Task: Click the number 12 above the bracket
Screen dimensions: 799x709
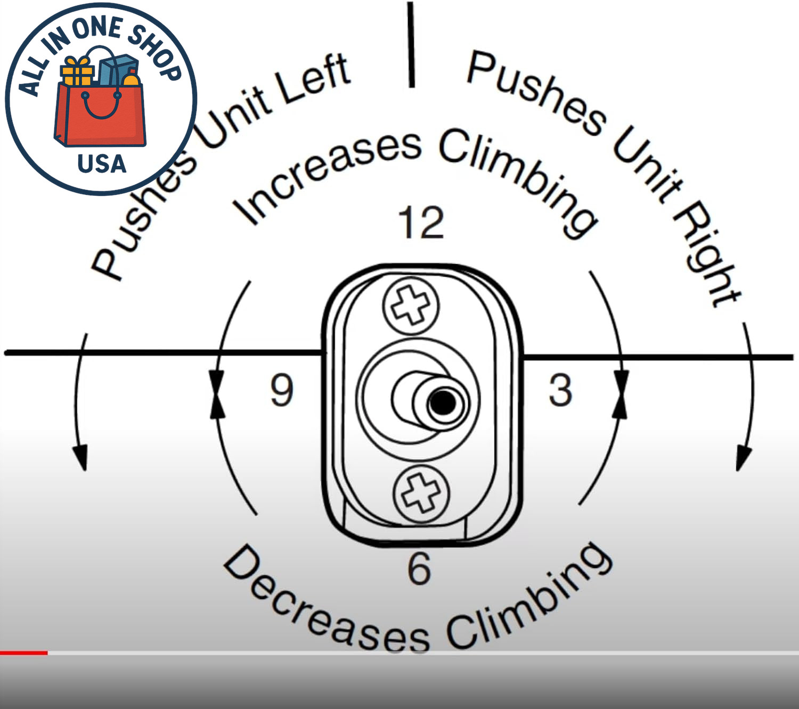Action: click(x=421, y=222)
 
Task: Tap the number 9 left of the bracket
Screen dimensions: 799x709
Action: click(x=282, y=390)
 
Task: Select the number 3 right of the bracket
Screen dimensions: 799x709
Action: click(x=560, y=390)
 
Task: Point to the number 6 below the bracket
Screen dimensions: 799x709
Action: click(x=419, y=570)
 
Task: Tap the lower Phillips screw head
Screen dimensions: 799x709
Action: click(x=421, y=494)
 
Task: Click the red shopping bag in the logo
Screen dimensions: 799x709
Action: click(x=100, y=114)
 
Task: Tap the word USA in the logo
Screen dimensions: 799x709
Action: click(x=102, y=163)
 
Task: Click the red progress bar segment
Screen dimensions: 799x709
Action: click(x=23, y=653)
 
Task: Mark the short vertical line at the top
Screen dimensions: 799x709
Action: click(x=411, y=44)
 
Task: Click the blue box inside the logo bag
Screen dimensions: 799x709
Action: click(x=118, y=70)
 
